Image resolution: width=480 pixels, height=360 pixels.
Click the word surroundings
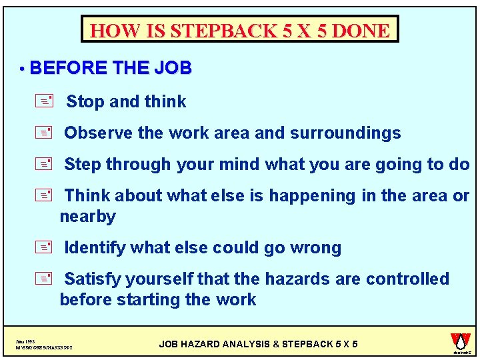pyautogui.click(x=345, y=133)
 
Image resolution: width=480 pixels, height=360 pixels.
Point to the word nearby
pyautogui.click(x=87, y=217)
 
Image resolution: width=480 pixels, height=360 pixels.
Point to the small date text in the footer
pyautogui.click(x=25, y=340)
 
